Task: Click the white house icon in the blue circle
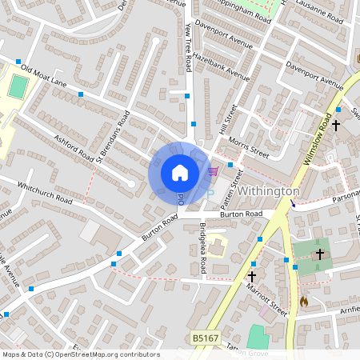tap(180, 172)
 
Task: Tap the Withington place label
tap(269, 192)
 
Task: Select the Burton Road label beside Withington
tap(242, 214)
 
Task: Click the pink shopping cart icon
tap(213, 170)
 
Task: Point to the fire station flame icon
tap(303, 302)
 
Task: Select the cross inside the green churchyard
tap(319, 254)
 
